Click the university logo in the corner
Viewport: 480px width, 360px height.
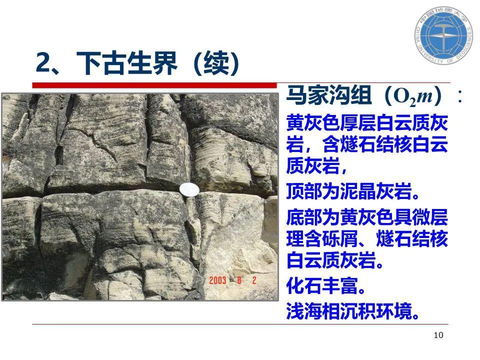(443, 35)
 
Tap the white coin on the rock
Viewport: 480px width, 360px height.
(189, 190)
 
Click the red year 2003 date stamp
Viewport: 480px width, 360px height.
(217, 280)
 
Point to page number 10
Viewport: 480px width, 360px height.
(438, 335)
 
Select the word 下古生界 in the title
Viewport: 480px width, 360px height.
(127, 63)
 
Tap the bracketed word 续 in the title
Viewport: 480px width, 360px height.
(216, 63)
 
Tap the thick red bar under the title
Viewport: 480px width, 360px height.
(154, 85)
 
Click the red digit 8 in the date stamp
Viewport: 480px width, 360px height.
(239, 280)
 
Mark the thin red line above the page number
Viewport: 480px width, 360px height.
(240, 324)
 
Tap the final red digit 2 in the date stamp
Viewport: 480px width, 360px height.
(254, 280)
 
